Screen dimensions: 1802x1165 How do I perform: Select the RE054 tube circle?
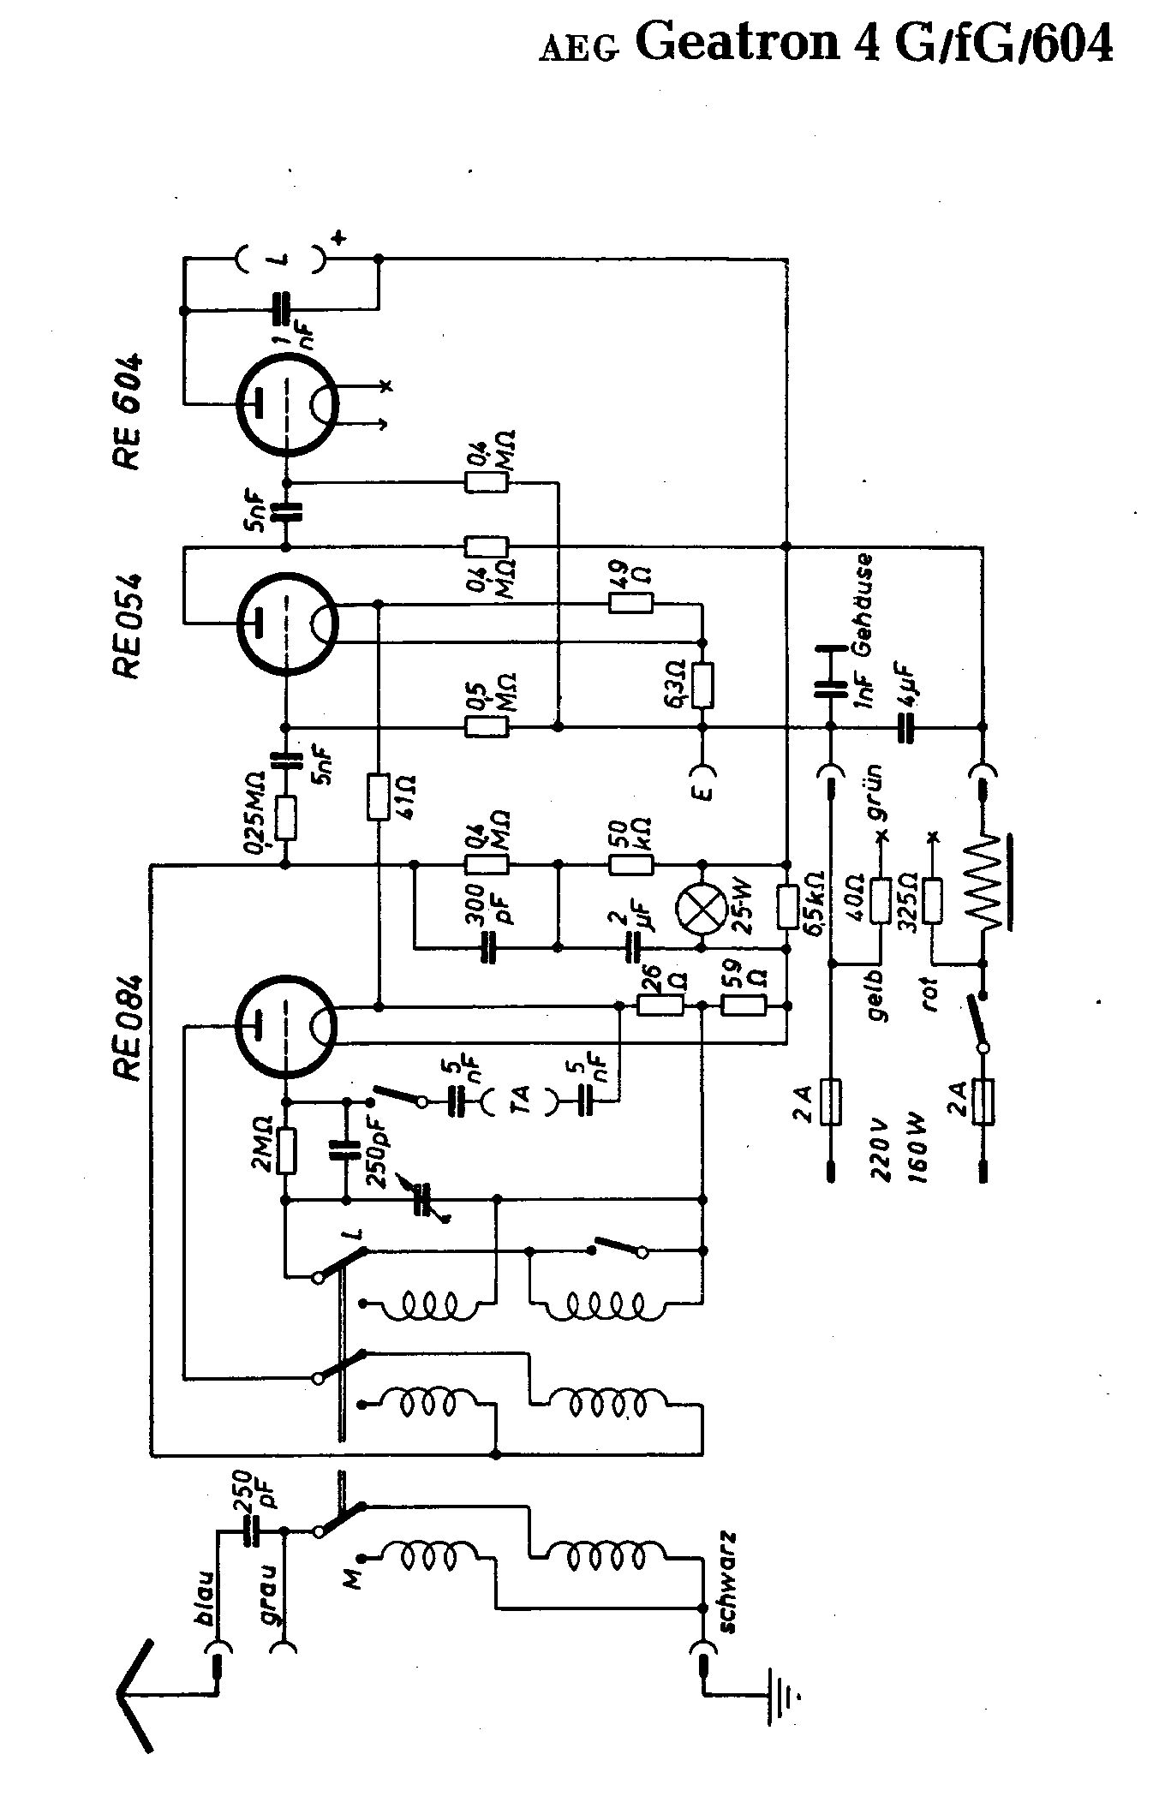point(285,624)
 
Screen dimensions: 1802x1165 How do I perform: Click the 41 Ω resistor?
point(378,797)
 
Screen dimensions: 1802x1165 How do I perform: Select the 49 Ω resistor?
point(630,605)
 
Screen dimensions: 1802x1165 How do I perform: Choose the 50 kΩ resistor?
point(630,864)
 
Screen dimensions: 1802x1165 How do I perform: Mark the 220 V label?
point(879,1150)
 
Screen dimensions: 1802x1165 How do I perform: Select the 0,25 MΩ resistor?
point(286,817)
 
